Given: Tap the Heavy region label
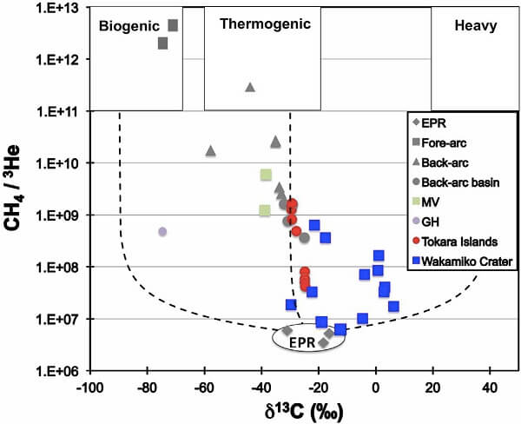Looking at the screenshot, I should click(475, 26).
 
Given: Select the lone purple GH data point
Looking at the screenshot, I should click(162, 231).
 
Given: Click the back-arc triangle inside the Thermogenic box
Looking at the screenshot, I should click(250, 87).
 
